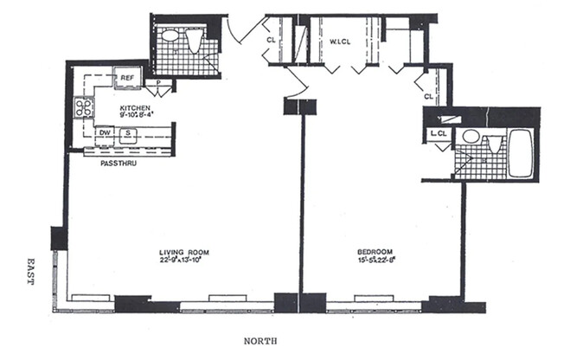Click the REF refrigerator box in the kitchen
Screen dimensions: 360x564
click(x=126, y=78)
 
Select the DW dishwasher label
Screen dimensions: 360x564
click(x=105, y=132)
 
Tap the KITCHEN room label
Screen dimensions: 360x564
click(x=136, y=109)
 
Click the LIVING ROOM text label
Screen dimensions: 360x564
click(x=183, y=253)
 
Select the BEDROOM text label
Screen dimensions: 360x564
click(x=377, y=253)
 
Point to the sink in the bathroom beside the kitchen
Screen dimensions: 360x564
click(x=170, y=38)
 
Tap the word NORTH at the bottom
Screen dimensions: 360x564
click(x=258, y=341)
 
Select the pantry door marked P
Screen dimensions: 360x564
click(x=158, y=85)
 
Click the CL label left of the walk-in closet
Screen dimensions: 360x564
click(x=271, y=40)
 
